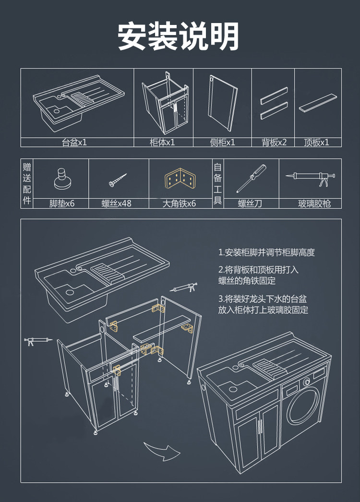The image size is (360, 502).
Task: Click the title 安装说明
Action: (x=179, y=36)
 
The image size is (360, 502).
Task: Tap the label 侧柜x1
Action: (x=222, y=143)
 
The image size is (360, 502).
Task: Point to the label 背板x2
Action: (x=274, y=143)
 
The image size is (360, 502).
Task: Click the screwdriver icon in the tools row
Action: (x=251, y=178)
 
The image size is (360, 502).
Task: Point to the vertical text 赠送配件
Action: (x=27, y=183)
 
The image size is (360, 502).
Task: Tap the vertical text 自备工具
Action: (x=217, y=183)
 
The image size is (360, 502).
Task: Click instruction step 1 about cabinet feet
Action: (x=266, y=252)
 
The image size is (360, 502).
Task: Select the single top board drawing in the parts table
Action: (x=317, y=104)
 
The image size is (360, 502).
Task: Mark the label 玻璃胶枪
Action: (x=314, y=203)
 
